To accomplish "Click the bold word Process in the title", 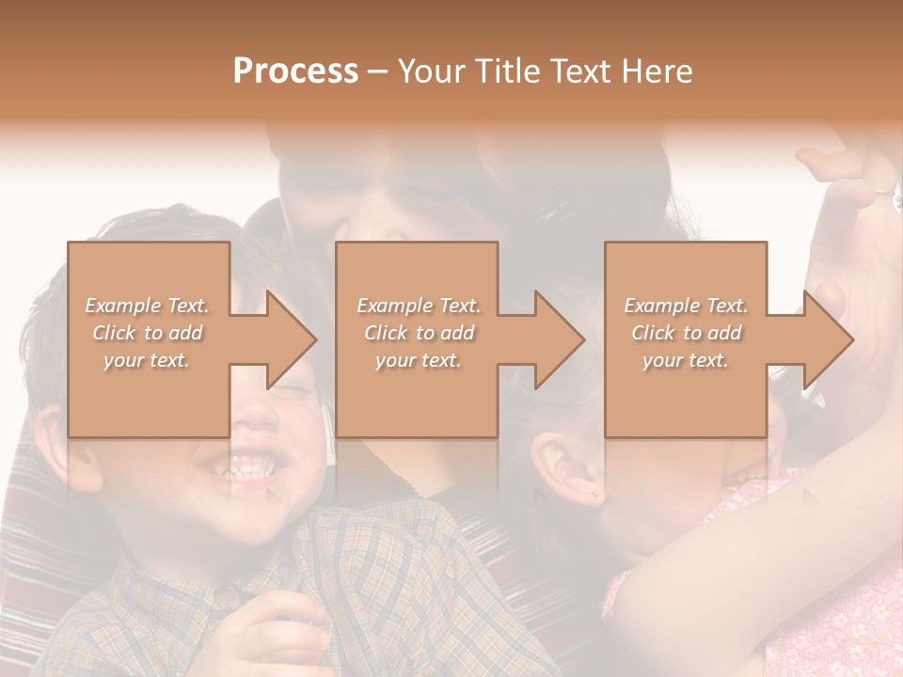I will (x=295, y=71).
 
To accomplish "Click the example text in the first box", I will (x=147, y=333).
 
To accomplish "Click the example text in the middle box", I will (x=418, y=333).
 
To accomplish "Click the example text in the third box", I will (x=686, y=333).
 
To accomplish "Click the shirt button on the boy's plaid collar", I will (x=227, y=596).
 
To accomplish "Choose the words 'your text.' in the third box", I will (x=686, y=360).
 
